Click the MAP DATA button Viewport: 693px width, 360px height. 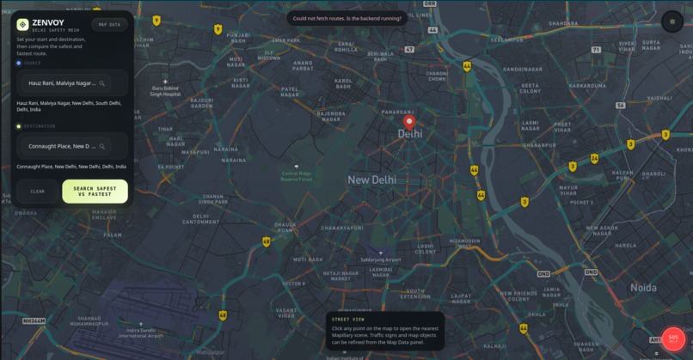pos(109,25)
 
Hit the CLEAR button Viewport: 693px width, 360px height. pos(38,191)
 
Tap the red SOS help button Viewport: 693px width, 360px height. pos(673,339)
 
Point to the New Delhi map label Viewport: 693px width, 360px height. pos(371,180)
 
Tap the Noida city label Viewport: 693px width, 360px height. pos(643,288)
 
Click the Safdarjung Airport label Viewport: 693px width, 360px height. pos(380,259)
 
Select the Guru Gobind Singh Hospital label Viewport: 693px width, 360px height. pos(166,90)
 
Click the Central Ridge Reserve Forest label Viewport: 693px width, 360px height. pos(297,175)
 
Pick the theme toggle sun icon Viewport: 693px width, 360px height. pos(672,21)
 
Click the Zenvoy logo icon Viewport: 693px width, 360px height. pos(22,25)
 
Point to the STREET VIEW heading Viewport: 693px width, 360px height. pos(348,320)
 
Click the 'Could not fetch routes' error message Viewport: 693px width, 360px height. pos(346,18)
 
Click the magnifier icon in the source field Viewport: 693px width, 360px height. pos(102,83)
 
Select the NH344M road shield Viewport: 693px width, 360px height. pos(34,320)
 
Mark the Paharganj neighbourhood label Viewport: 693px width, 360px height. pos(397,112)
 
